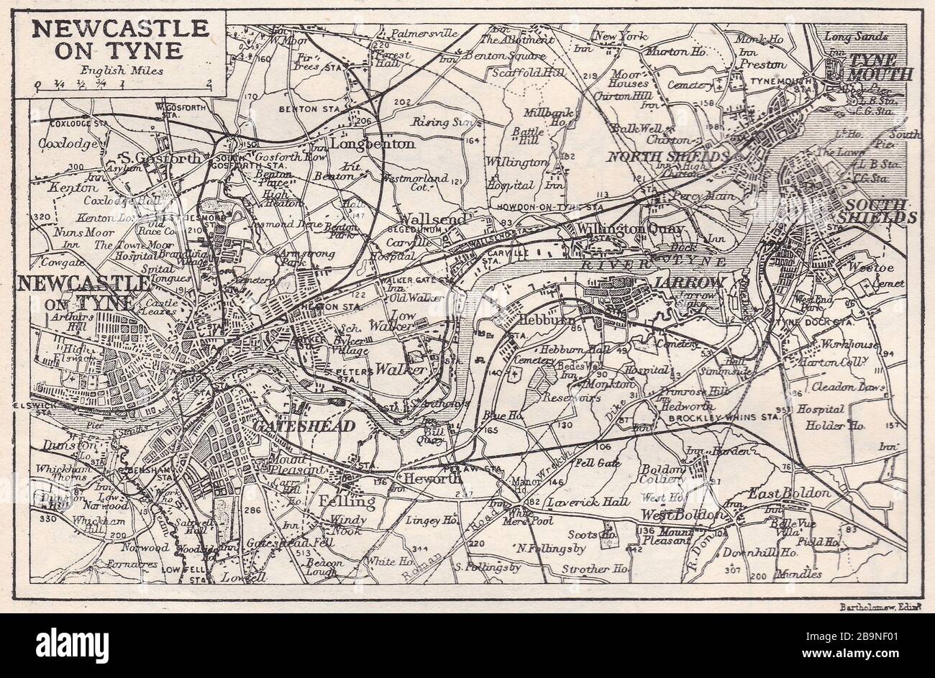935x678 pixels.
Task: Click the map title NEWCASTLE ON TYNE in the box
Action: pos(121,40)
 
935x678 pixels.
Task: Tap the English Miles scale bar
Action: pos(122,86)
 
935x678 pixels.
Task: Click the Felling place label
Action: pos(348,501)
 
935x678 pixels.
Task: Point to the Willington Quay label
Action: pos(630,229)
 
